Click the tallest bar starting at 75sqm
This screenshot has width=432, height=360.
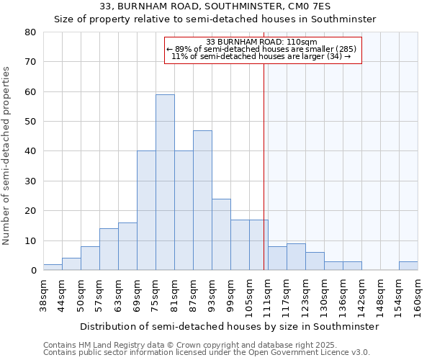pos(165,182)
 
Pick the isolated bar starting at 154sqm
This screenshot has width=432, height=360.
pos(408,266)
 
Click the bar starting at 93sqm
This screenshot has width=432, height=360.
pos(221,235)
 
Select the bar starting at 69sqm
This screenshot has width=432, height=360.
pos(146,210)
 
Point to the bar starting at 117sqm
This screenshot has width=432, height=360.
pos(296,257)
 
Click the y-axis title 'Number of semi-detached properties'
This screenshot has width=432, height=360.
pos(7,155)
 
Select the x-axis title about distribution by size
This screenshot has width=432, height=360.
pos(229,326)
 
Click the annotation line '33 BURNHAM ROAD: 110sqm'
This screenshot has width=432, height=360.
pos(262,42)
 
